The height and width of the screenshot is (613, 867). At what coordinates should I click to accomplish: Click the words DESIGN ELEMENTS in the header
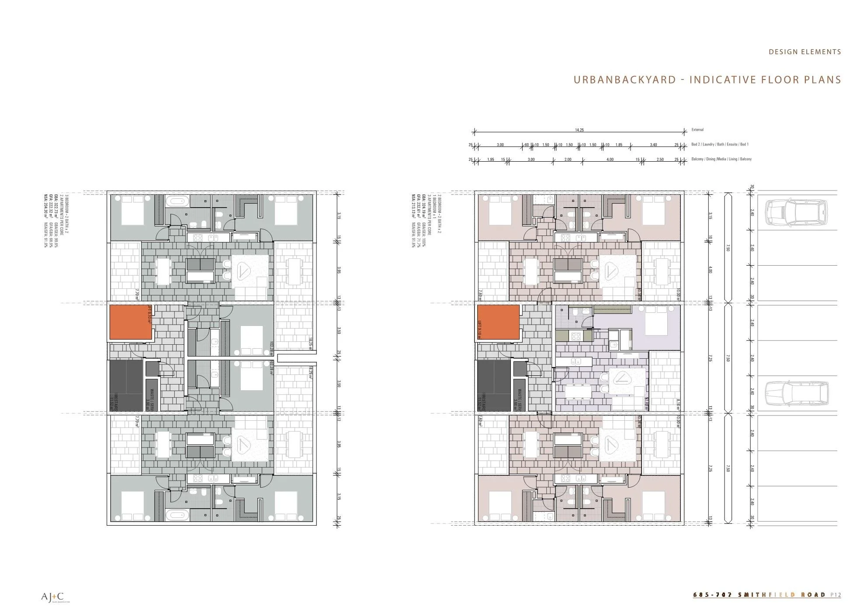805,52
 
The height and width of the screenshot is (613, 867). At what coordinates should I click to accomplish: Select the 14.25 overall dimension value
579,130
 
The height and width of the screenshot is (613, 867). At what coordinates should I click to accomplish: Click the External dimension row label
697,130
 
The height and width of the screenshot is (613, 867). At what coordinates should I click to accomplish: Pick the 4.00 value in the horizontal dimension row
610,159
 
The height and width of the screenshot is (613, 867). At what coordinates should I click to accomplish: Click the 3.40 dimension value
653,145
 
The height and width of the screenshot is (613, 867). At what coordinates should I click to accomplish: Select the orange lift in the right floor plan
498,322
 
